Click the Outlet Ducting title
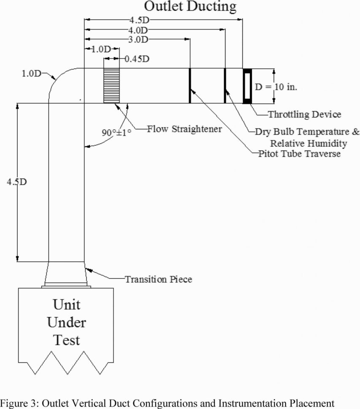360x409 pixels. point(190,6)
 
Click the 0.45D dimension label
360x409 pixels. point(136,59)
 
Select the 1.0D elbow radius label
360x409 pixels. point(32,74)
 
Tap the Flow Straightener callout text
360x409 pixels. point(184,129)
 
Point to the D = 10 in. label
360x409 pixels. point(276,87)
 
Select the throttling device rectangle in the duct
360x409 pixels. point(247,86)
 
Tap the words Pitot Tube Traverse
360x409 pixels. point(300,154)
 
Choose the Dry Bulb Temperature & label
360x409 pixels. point(307,132)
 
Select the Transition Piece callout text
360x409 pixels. point(158,279)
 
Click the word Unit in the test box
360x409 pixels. point(66,304)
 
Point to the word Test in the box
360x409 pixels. point(67,340)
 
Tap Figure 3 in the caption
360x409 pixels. point(19,402)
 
